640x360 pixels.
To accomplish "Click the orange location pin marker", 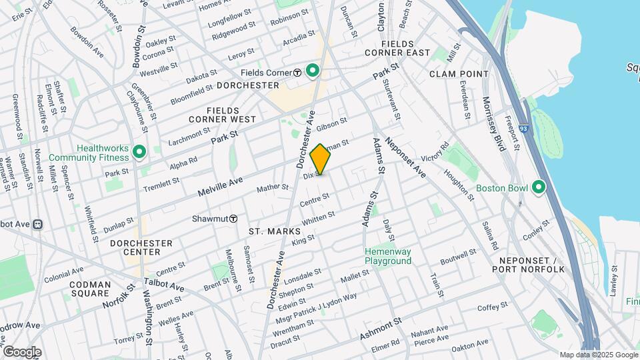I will point(321,159).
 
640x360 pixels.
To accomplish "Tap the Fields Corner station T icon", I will point(298,72).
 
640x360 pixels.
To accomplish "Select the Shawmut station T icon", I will point(233,219).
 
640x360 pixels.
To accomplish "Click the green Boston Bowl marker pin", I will point(539,187).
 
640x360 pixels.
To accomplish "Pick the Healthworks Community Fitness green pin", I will point(139,153).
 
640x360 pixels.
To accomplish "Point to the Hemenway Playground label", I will point(387,256).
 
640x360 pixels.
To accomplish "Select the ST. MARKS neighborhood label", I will point(272,231).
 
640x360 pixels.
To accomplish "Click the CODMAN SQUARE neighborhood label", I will point(90,289).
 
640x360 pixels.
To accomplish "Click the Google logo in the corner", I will point(22,352).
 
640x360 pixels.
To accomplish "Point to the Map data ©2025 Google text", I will point(598,355).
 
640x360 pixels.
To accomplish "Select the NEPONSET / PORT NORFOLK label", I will point(528,264).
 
